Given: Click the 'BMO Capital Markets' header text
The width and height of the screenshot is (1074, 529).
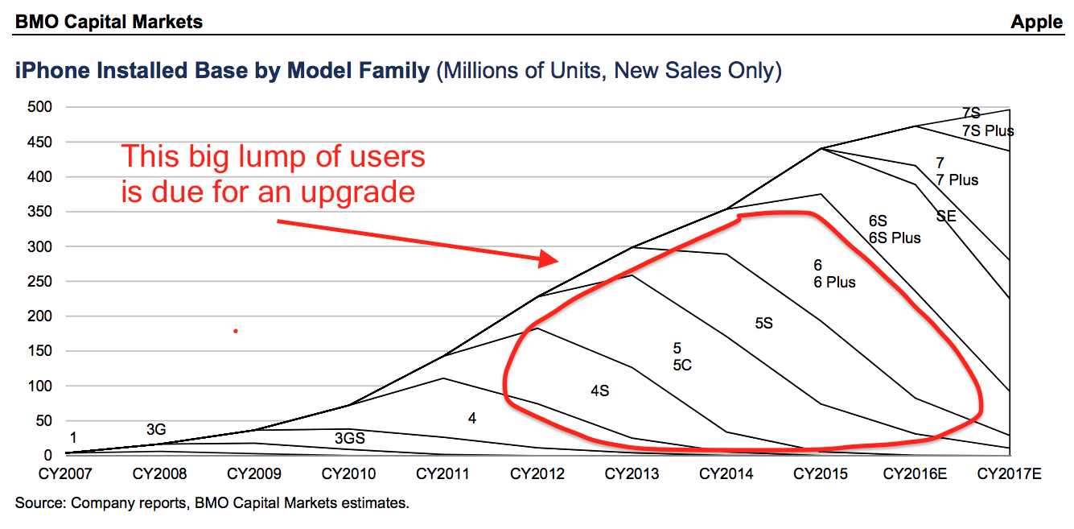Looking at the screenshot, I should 109,22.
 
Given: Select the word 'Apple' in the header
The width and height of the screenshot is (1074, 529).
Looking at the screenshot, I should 1037,22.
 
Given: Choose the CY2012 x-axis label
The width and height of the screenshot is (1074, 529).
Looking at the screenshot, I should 537,474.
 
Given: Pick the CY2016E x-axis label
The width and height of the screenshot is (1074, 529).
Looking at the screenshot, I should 915,474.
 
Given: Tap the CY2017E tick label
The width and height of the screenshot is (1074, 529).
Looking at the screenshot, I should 1009,474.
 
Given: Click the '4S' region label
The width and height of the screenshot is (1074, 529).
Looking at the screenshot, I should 599,391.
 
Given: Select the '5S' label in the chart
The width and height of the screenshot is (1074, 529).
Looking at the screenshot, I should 763,323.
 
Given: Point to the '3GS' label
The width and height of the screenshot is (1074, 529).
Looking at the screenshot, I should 349,439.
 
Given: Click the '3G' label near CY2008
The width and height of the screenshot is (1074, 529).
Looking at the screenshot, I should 156,429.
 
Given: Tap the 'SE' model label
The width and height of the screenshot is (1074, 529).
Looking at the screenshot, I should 946,216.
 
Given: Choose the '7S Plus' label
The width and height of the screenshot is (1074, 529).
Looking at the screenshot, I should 987,130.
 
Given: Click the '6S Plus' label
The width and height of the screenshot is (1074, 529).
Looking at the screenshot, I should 895,238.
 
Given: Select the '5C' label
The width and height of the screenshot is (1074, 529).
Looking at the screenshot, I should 682,365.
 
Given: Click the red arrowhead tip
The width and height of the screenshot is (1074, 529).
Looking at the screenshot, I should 556,259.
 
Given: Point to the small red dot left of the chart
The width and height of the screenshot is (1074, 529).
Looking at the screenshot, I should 236,330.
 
